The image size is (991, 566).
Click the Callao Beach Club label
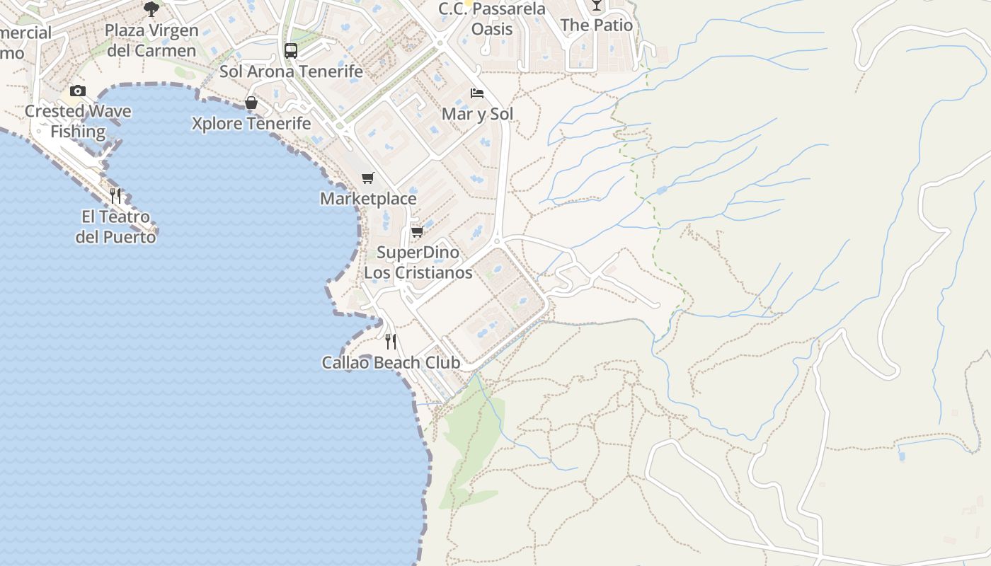391,363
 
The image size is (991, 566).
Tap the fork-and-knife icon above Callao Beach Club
390,342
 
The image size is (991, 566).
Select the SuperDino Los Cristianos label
418,262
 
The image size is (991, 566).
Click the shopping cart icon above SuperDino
417,231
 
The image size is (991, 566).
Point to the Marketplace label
368,199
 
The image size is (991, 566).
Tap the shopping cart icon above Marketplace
367,178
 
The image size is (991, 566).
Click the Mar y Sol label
477,114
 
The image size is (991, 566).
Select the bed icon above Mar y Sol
477,93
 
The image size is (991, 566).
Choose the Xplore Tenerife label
251,124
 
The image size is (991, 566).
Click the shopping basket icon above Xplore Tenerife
251,103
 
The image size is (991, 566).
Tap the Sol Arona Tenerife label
291,71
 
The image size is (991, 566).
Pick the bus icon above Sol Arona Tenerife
290,51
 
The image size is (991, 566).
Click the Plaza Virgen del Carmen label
151,40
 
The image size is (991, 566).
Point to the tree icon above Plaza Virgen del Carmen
151,8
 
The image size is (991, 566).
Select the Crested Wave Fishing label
78,122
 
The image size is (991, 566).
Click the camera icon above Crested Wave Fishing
78,91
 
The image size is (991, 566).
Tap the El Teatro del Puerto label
115,226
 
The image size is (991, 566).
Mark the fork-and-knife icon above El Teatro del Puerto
115,195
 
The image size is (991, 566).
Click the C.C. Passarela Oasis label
492,19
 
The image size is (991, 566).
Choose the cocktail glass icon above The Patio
596,6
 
